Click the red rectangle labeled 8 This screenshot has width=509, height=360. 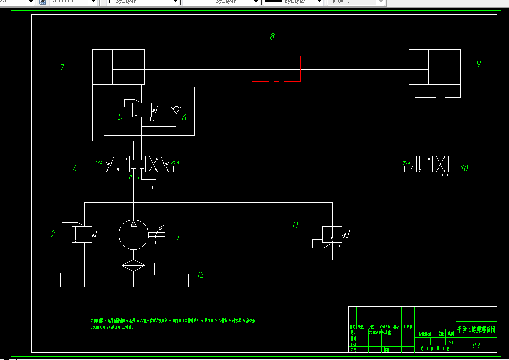click(276, 69)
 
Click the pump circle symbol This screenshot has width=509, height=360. click(134, 234)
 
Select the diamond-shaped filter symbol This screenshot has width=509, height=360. click(134, 265)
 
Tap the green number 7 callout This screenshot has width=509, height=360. click(62, 68)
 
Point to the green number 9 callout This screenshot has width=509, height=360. click(479, 64)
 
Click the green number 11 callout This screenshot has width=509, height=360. click(295, 225)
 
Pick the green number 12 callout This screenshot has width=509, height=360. click(200, 275)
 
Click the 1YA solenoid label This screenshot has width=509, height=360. click(99, 163)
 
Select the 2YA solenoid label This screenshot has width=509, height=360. click(175, 162)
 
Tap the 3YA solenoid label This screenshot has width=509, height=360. click(407, 163)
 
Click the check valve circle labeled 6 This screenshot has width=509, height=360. click(176, 109)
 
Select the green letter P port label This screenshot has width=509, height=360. click(130, 177)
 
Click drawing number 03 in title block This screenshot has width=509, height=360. click(476, 345)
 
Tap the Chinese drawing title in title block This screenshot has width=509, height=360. click(476, 329)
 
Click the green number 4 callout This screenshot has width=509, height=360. click(75, 169)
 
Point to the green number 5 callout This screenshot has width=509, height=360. click(120, 116)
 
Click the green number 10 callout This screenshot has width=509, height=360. click(464, 168)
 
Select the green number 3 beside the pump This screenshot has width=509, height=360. click(177, 239)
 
